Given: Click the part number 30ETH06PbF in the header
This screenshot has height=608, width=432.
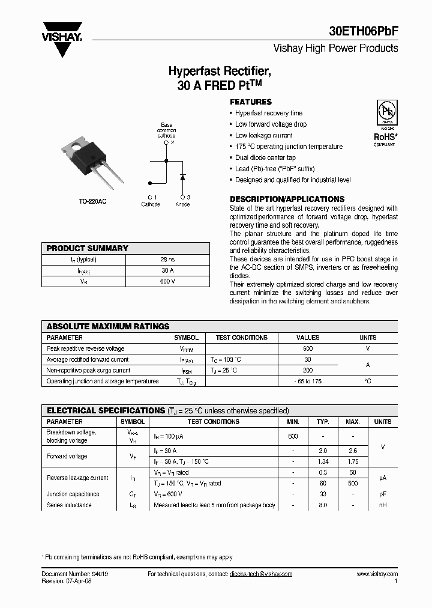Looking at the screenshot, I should click(x=363, y=31).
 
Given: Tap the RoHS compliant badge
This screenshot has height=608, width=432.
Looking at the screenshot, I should click(x=385, y=123).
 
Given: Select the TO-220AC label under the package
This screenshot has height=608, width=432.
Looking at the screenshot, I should click(x=93, y=201).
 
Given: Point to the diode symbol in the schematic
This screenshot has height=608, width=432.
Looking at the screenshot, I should click(x=182, y=177).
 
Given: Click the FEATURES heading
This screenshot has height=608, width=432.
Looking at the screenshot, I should click(x=251, y=102).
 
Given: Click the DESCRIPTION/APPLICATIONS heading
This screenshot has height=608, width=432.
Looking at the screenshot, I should click(x=287, y=199).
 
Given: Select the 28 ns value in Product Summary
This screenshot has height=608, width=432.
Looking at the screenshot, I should click(x=167, y=260).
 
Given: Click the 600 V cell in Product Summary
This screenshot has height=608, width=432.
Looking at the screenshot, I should click(x=167, y=281).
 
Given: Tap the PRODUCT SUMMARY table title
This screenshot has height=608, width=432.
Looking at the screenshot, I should click(x=88, y=248).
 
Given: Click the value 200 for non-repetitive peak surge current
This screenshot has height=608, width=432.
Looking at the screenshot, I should click(x=308, y=371).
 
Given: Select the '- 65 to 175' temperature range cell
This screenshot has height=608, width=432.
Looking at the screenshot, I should click(x=308, y=382).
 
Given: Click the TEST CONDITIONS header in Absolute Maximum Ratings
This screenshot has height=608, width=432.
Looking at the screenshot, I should click(x=242, y=338).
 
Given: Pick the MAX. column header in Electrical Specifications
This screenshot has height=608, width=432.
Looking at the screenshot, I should click(x=353, y=422).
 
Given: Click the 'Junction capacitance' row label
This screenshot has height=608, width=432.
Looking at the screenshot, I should click(x=73, y=494).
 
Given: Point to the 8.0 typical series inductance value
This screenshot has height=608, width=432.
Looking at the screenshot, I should click(x=323, y=505).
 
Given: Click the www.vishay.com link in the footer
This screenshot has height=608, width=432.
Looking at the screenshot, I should click(x=377, y=574).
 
